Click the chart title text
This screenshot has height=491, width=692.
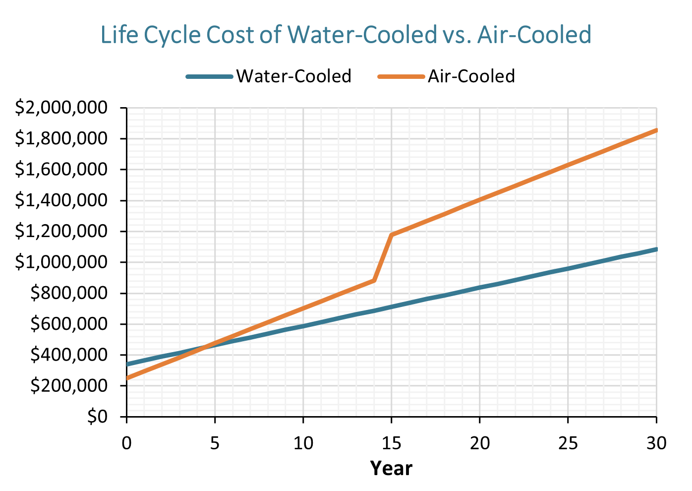coord(346,35)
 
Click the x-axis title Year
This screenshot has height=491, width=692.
coord(391,468)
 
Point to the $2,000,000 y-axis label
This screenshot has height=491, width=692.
coord(61,108)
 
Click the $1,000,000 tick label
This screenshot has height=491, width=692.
coord(61,262)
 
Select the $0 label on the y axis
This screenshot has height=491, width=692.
coord(97,417)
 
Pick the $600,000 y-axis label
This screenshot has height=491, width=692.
coord(69,324)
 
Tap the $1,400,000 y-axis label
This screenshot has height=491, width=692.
coord(61,200)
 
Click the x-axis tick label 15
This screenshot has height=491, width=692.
coord(391,443)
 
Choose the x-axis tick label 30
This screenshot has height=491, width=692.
coord(656,443)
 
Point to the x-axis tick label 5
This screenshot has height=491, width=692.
coord(215,443)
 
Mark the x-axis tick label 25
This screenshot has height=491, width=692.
coord(568,443)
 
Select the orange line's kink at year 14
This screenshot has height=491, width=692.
coord(374,281)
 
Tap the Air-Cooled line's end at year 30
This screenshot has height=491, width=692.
coord(656,130)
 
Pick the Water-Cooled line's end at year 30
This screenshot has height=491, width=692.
coord(656,249)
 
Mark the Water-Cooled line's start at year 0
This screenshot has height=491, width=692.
coord(127,365)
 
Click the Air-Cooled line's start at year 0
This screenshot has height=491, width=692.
coord(127,378)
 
